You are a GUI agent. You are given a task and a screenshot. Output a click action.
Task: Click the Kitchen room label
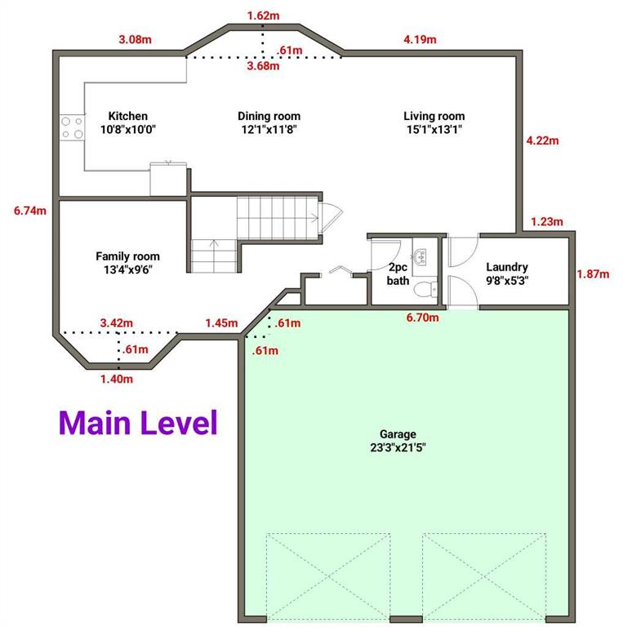pos(128,122)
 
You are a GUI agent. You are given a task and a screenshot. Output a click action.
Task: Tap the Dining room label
pos(269,122)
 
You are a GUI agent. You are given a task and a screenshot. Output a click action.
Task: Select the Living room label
pos(434,122)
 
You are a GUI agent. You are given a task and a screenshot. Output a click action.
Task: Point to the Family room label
pos(128,263)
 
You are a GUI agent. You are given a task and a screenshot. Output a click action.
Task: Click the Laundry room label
pos(507,273)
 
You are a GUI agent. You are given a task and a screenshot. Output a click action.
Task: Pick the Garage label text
pos(398,441)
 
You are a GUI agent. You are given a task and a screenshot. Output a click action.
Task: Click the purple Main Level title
pos(138,423)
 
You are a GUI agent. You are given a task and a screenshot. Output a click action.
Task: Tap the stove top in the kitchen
pos(72,127)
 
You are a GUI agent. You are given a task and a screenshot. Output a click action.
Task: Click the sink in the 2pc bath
pos(420,256)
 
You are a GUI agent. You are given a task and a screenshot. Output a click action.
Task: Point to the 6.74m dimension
pos(30,211)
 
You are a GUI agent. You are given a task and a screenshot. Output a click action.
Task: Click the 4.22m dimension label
pos(543,140)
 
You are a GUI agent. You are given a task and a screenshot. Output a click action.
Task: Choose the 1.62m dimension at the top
pos(263,16)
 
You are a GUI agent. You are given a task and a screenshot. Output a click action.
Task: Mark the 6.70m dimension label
pos(423,318)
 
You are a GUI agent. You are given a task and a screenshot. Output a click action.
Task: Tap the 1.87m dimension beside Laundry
pos(593,274)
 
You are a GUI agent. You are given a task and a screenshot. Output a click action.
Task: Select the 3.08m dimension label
pos(136,39)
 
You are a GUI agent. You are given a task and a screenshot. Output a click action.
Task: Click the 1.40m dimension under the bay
pos(117,379)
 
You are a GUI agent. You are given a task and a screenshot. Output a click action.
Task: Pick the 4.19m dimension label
pos(420,39)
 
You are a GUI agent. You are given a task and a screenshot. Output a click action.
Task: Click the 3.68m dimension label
pos(263,65)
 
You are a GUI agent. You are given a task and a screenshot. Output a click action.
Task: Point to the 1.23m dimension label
pos(547,221)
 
